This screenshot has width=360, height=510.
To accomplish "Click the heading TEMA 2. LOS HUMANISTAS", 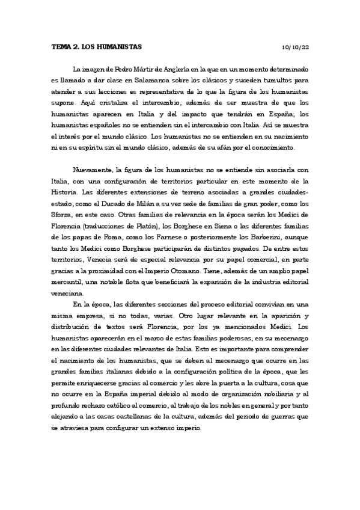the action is [x=97, y=46].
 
